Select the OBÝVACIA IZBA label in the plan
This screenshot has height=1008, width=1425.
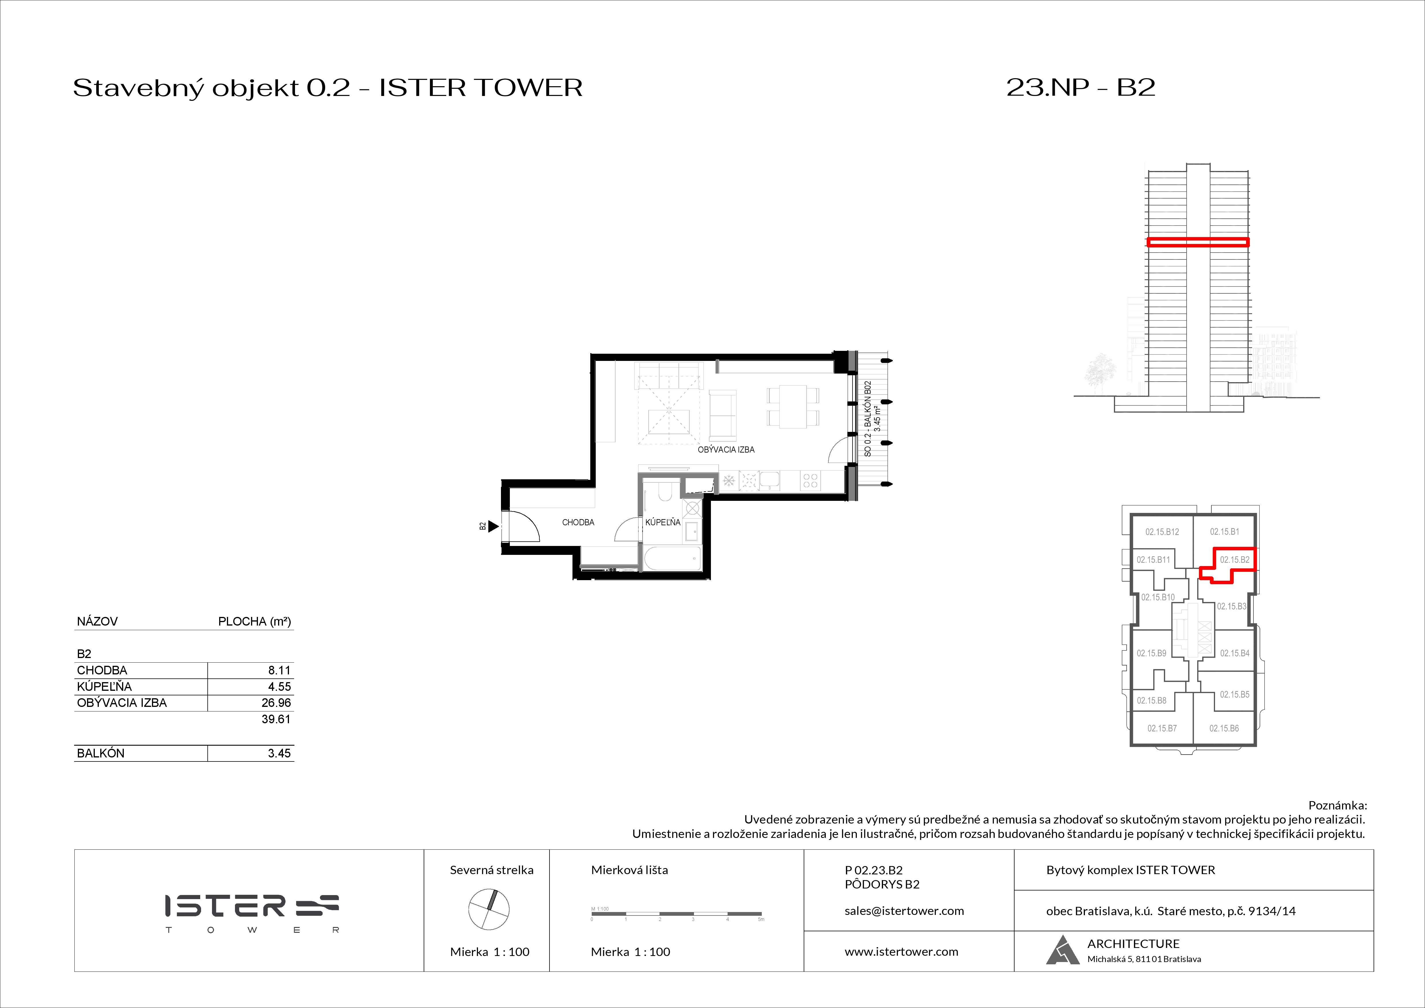tap(726, 449)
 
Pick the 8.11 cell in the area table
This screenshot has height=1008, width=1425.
tap(279, 670)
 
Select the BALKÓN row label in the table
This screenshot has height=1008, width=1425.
tap(101, 753)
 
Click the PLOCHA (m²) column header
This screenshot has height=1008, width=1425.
tap(254, 621)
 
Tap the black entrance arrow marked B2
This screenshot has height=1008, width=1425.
tap(493, 526)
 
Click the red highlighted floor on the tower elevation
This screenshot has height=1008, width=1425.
tap(1197, 242)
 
